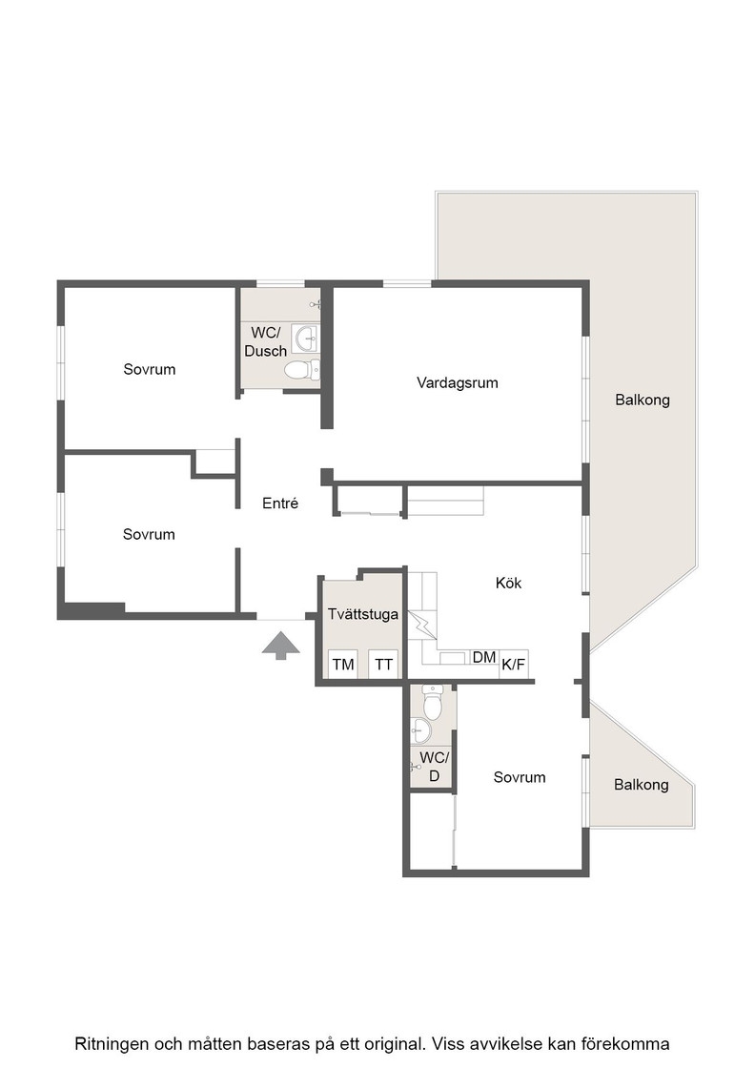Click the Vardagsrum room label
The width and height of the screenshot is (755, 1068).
[x=457, y=382]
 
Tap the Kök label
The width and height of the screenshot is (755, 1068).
[x=508, y=583]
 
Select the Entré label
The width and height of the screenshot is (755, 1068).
[x=280, y=503]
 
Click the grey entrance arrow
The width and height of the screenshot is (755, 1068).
[x=280, y=646]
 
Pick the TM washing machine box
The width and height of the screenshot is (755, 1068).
[x=343, y=664]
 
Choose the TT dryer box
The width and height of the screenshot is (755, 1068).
[x=384, y=664]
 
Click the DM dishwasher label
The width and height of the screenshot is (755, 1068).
[x=484, y=657]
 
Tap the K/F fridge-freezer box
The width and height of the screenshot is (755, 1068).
[x=513, y=664]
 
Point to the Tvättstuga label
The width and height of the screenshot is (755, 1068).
[x=363, y=614]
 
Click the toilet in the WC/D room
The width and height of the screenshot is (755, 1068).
[x=432, y=702]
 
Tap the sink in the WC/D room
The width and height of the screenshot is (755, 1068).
[x=420, y=732]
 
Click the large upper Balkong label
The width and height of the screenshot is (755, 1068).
[x=642, y=400]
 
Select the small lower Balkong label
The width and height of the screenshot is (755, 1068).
[x=641, y=785]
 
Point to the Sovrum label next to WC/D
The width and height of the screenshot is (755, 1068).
[x=520, y=777]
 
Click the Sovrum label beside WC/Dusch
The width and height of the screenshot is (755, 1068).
[x=149, y=369]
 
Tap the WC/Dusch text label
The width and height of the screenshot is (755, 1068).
[x=266, y=342]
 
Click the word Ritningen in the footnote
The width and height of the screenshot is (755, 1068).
[x=111, y=1043]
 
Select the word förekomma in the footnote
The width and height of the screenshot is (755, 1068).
[x=631, y=1043]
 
